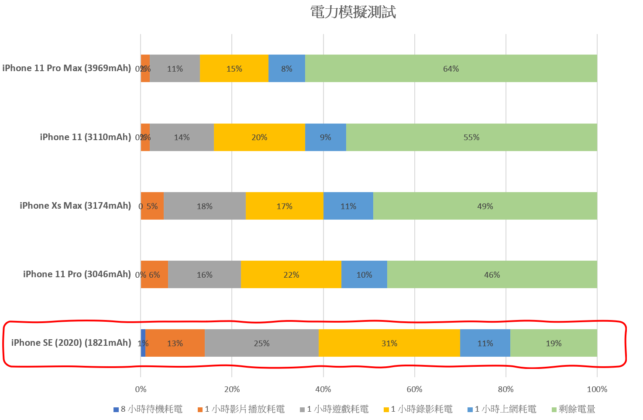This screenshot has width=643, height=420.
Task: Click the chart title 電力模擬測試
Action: (353, 12)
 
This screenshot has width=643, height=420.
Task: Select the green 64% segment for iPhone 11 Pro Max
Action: (451, 69)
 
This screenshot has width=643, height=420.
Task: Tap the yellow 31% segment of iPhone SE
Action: (389, 343)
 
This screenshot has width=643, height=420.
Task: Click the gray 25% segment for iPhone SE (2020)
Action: (261, 343)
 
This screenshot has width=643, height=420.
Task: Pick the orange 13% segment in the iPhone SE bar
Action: (175, 343)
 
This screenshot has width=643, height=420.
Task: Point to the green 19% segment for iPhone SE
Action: (554, 343)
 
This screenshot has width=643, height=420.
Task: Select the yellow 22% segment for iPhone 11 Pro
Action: (291, 275)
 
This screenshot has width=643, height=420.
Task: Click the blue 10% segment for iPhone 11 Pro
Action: (364, 275)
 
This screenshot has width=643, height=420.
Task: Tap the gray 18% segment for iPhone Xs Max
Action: (204, 206)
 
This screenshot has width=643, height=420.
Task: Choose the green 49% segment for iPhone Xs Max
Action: (485, 206)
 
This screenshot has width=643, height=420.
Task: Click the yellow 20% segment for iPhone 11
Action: (259, 138)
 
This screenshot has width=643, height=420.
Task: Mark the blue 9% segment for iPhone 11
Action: (325, 138)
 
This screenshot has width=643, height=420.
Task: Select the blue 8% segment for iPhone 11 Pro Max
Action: (287, 69)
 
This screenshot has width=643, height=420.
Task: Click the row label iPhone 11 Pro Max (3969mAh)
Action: (66, 68)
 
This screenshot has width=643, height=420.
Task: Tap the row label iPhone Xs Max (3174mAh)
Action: (75, 206)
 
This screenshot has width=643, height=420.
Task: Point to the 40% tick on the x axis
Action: (323, 389)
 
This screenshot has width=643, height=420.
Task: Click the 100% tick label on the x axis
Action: (597, 389)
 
